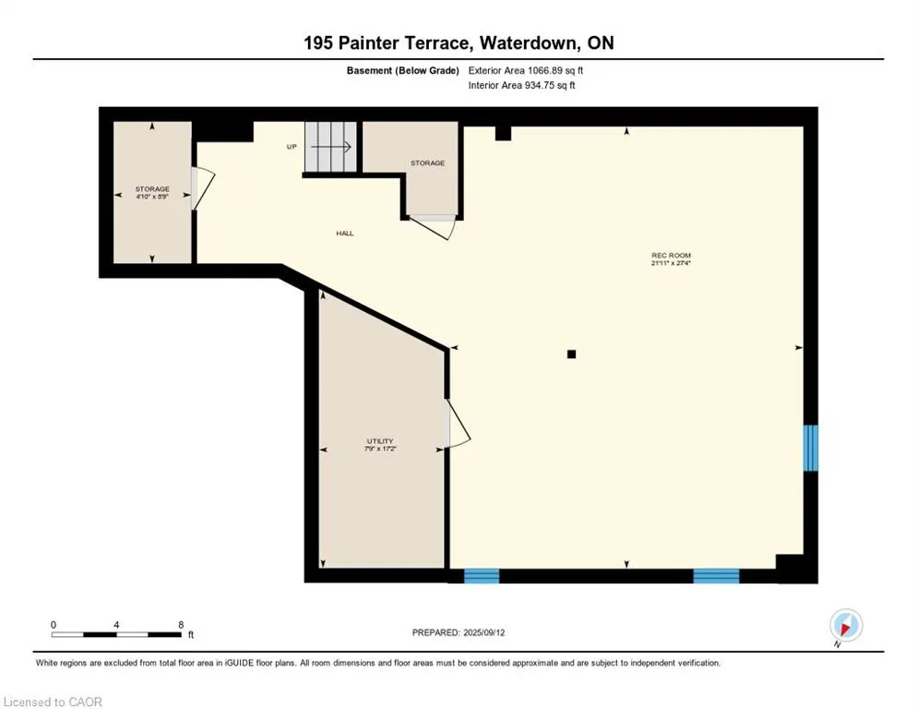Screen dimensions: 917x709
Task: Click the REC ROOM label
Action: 671,256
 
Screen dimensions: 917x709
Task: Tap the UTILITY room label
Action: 380,441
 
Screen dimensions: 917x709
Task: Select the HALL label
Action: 344,233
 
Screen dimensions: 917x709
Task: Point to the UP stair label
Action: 292,147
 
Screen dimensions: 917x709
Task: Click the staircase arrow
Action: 331,147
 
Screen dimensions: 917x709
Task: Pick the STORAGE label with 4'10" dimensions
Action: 152,189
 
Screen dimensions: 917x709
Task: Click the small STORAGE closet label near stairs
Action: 427,162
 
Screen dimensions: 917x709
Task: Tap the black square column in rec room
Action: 571,354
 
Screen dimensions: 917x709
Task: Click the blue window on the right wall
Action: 810,448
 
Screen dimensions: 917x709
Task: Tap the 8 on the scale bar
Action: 181,625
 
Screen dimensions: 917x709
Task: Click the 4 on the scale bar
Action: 116,625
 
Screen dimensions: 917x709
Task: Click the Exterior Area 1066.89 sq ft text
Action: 526,70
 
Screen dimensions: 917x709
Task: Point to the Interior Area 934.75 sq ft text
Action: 521,85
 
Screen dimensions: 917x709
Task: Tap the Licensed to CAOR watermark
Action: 53,702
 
